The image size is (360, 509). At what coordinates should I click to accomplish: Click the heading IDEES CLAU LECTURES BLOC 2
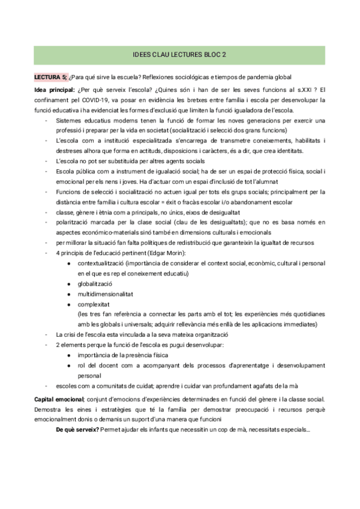179,55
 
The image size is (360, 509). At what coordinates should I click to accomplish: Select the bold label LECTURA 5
51,77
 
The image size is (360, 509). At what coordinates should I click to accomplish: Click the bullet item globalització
95,284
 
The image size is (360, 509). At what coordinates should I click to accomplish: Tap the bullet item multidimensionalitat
106,294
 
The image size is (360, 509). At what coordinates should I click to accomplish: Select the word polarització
73,222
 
